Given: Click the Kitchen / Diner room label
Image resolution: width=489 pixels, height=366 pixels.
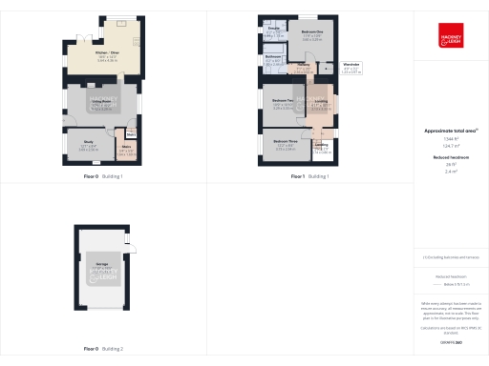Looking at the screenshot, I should [107, 55].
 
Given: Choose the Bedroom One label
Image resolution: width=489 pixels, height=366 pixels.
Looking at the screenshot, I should [311, 32].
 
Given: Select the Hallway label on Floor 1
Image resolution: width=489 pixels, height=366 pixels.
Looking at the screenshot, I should [303, 66].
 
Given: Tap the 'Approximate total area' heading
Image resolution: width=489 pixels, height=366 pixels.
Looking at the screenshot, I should [450, 131].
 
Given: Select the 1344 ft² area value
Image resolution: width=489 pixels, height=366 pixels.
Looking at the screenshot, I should [450, 139].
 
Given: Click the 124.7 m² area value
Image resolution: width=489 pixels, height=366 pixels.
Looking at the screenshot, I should [450, 146].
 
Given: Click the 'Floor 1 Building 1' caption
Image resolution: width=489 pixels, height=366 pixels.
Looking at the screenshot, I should [309, 177].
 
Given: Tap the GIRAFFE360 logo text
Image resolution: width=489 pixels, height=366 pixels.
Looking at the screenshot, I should [451, 341].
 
